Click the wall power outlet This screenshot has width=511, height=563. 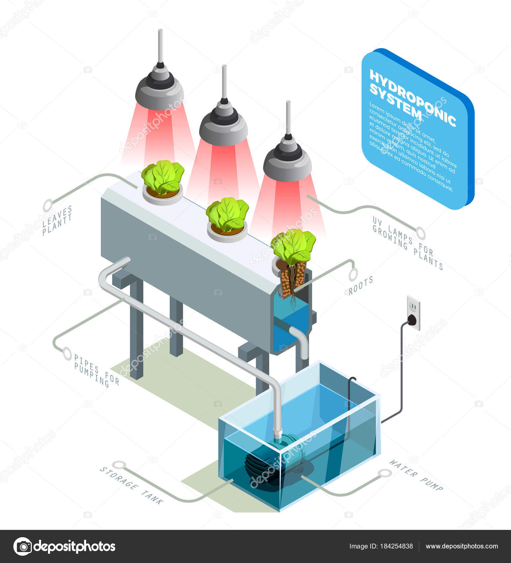point(413,313)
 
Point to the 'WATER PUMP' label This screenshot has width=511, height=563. point(416,475)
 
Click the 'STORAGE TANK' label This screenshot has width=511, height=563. point(132,486)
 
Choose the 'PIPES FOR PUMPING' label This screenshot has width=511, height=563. point(96,371)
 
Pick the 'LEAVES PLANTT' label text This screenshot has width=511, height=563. point(57,220)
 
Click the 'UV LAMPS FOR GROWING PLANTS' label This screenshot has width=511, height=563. point(408,243)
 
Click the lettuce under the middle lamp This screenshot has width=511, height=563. point(227,214)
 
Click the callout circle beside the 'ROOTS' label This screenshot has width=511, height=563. point(353,274)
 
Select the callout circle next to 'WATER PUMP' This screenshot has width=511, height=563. point(385,473)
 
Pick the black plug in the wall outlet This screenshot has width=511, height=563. point(412,319)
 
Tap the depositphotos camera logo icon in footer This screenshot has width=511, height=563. point(23,546)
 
